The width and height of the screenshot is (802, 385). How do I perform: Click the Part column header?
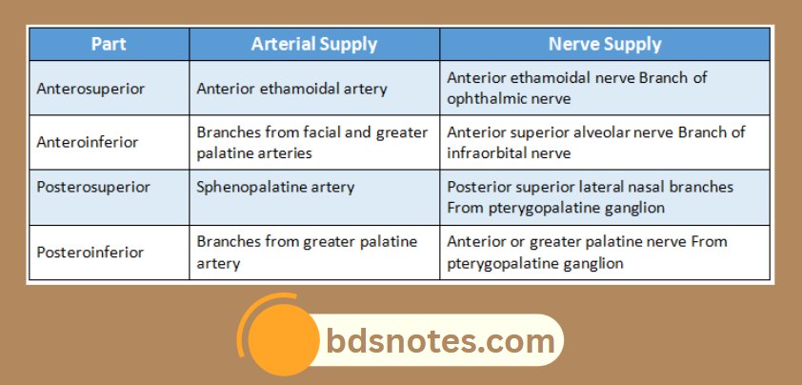pyautogui.click(x=109, y=44)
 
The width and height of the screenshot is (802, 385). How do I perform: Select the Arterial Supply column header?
pyautogui.click(x=313, y=44)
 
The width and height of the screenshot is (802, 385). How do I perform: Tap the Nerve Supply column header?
pyautogui.click(x=604, y=44)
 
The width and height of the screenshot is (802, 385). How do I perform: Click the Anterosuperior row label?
pyautogui.click(x=91, y=89)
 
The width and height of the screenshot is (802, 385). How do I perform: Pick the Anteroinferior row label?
pyautogui.click(x=89, y=142)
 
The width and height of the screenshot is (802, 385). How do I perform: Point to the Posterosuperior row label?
pyautogui.click(x=93, y=187)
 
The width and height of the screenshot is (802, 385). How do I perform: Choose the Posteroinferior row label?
pyautogui.click(x=90, y=252)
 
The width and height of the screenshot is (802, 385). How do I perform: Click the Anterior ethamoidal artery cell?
pyautogui.click(x=292, y=89)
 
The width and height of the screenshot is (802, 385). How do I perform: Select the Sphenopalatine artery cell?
pyautogui.click(x=276, y=187)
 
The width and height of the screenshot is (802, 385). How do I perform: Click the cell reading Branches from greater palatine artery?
pyautogui.click(x=308, y=252)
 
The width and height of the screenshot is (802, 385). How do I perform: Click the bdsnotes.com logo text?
pyautogui.click(x=440, y=339)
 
